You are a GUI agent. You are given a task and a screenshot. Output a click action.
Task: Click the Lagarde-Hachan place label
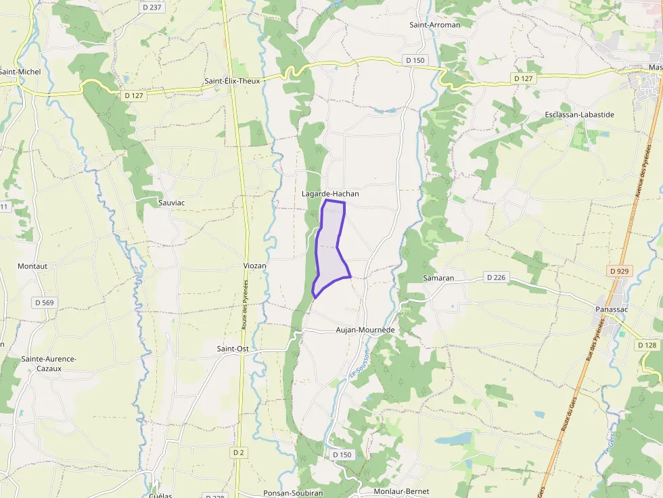pos(330,194)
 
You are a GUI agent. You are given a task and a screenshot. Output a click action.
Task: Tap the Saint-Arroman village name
pos(434,25)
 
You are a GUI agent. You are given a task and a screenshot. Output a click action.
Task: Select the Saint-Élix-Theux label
pos(232,81)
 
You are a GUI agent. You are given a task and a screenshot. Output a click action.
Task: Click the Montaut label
pos(32,266)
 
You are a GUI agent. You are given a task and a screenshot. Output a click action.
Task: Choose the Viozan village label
pos(254,266)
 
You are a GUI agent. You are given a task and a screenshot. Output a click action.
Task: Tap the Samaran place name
pos(438,278)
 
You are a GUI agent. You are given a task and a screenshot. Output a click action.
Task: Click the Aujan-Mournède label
pos(365,330)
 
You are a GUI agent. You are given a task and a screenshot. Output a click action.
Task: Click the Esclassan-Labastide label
pos(579,115)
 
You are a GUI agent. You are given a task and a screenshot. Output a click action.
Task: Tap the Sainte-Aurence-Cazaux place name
pos(49,364)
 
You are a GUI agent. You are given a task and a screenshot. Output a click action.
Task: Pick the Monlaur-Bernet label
pos(402,492)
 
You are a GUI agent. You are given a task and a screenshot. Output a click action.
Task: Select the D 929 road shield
pos(620,271)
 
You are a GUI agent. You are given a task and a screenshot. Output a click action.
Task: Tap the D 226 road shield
pos(496,278)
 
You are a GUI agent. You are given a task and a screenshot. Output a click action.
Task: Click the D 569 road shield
pos(45,303)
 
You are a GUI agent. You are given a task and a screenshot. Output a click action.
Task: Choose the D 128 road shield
pos(647,345)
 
